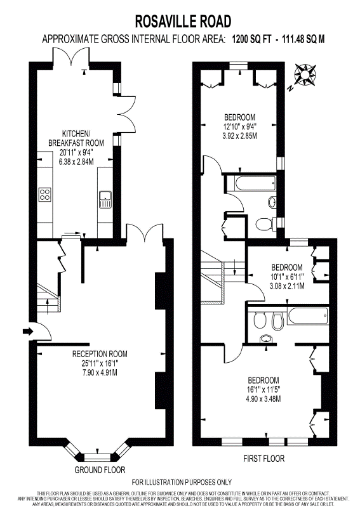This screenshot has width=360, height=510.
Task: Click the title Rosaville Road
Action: click(x=183, y=22)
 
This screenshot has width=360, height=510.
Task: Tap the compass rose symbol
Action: click(x=305, y=75)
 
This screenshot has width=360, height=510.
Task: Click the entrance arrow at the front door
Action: click(x=27, y=331)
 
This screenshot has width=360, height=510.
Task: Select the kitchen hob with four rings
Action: click(x=45, y=195)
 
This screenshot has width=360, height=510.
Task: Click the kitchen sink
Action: click(x=105, y=199)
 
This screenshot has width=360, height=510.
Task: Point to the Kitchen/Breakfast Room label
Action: click(x=76, y=138)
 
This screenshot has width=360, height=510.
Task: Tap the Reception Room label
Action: click(x=100, y=353)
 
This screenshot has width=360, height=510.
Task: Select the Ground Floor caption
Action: click(x=100, y=469)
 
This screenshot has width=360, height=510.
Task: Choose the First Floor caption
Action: click(x=264, y=459)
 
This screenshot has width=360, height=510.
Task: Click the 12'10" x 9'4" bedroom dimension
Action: click(x=240, y=126)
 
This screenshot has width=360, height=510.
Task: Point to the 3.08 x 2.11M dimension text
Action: click(x=287, y=286)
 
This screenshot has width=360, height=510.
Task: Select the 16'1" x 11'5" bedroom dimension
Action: click(x=263, y=389)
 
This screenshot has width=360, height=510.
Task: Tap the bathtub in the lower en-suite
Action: click(x=307, y=315)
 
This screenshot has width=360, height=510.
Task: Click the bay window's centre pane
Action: click(x=98, y=457)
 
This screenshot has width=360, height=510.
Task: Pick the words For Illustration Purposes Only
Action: click(x=182, y=482)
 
